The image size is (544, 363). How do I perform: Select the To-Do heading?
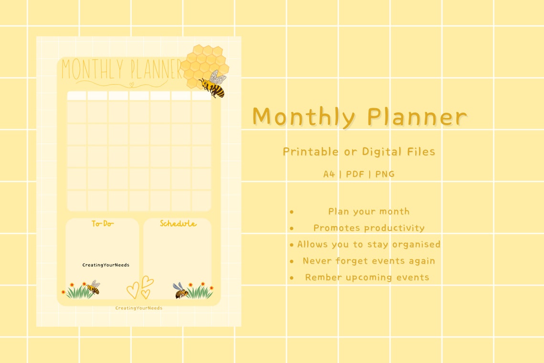[103, 224]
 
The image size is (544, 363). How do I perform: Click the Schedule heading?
[178, 224]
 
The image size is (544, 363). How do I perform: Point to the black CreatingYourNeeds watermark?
[105, 265]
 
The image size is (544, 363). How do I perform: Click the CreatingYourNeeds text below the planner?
[138, 308]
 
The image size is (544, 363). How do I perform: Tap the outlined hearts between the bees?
[140, 288]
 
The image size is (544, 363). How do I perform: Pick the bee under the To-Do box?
[94, 288]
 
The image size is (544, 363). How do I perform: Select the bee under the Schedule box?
[181, 290]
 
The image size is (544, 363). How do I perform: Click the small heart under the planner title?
[132, 85]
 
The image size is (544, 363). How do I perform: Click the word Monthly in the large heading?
[304, 117]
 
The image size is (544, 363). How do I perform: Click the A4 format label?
[329, 174]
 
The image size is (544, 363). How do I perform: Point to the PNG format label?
[385, 174]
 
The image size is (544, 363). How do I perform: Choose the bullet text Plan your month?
[368, 211]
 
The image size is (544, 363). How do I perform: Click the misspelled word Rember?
[322, 277]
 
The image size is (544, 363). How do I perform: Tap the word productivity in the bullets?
[396, 228]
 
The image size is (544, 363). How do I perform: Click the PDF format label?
[355, 174]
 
